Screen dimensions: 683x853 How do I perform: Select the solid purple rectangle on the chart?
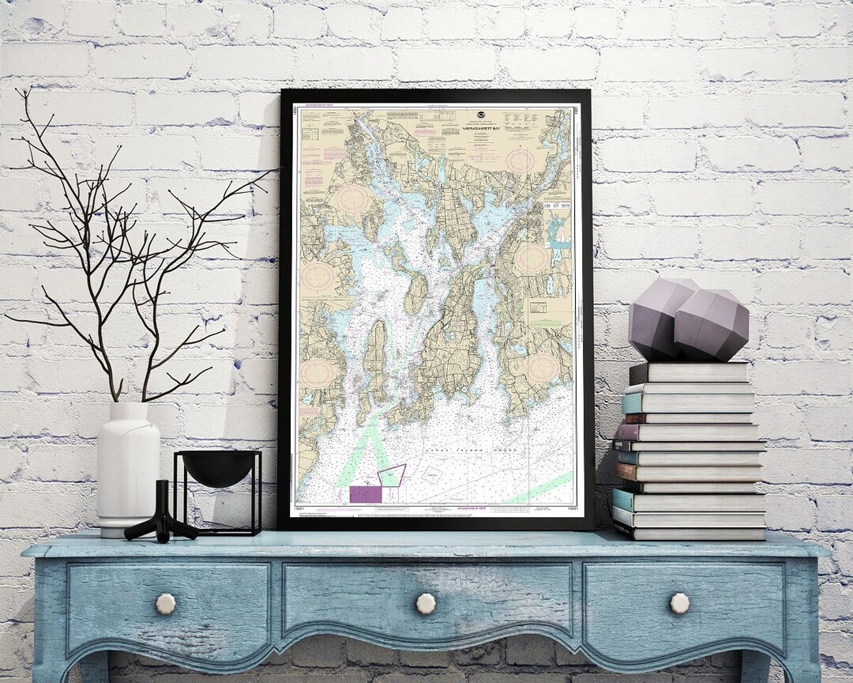pyautogui.click(x=365, y=494)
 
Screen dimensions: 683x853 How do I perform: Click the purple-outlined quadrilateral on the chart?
pyautogui.click(x=392, y=476)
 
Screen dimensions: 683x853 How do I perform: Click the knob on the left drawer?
pyautogui.click(x=166, y=604)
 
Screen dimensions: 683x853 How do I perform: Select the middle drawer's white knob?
pyautogui.click(x=426, y=604)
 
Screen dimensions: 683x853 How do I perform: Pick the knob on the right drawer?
pyautogui.click(x=679, y=604)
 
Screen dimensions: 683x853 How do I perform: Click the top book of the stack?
pyautogui.click(x=690, y=372)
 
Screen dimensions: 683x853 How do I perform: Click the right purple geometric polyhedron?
pyautogui.click(x=712, y=325)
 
